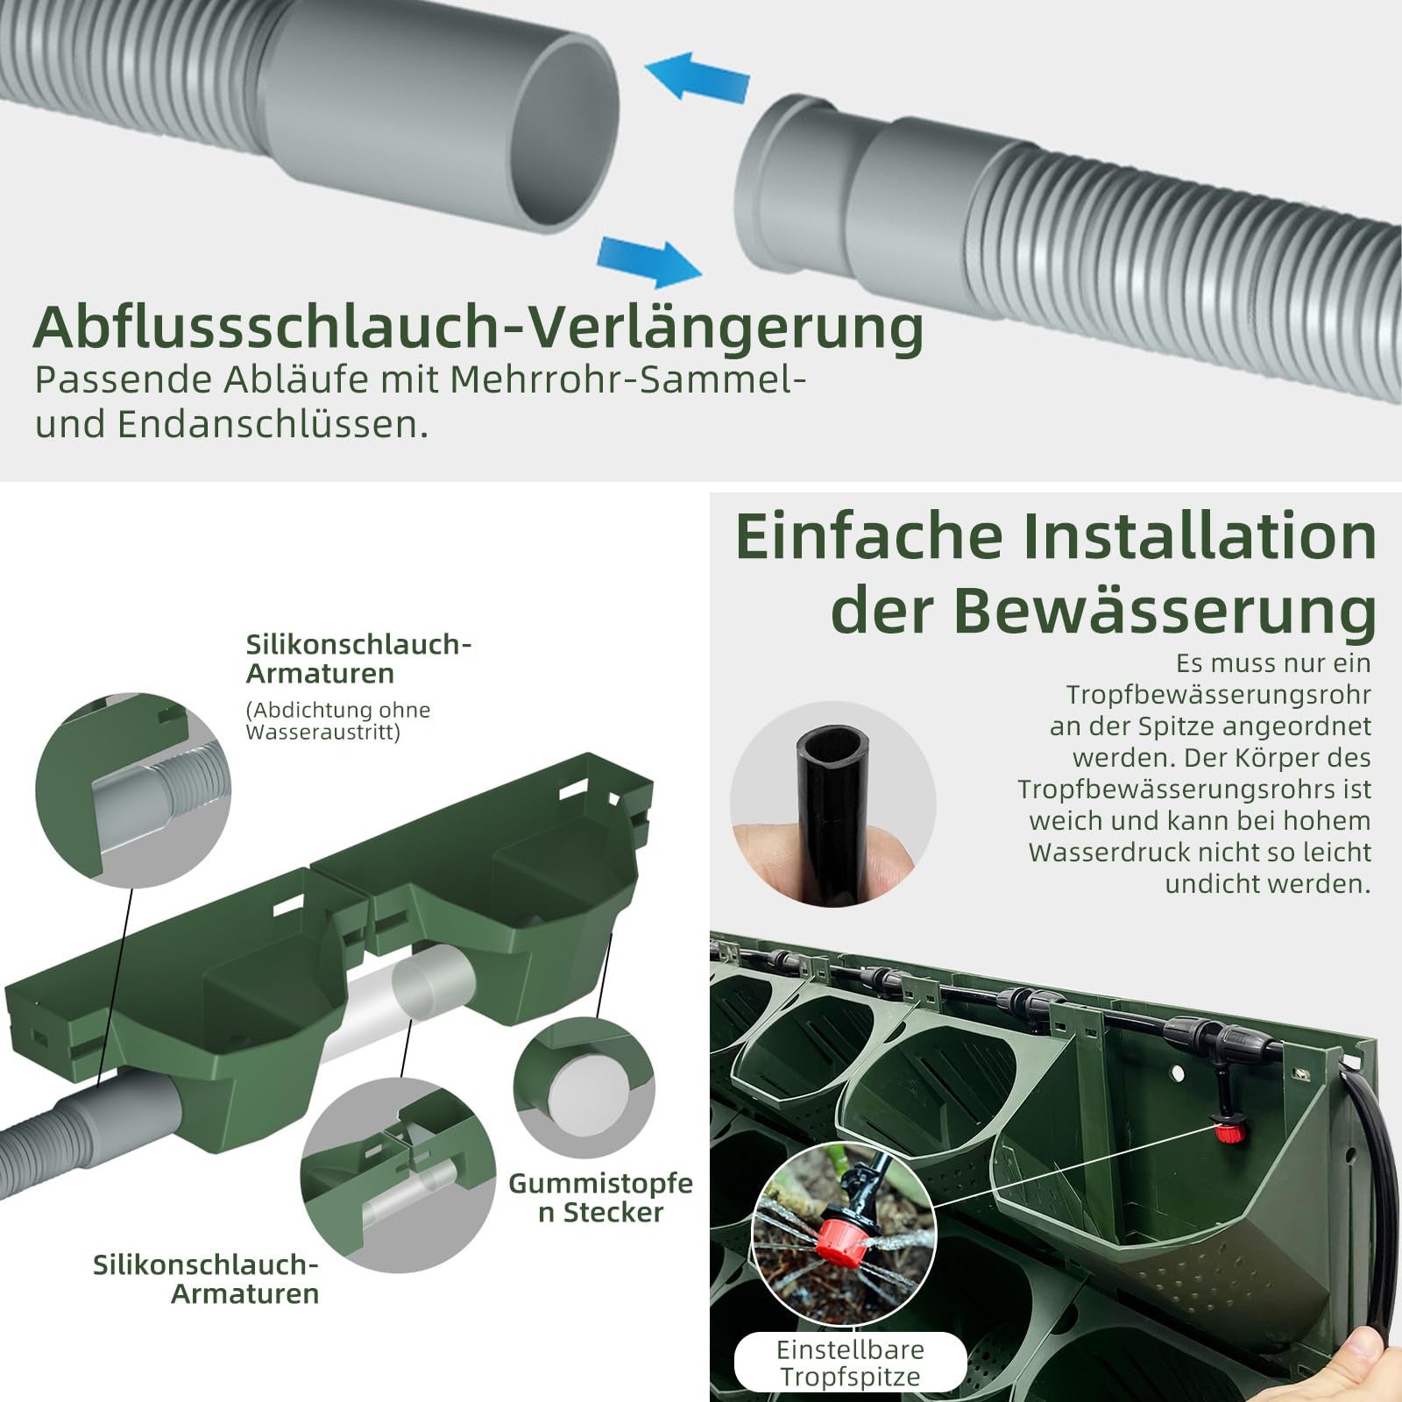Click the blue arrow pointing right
click(x=649, y=262)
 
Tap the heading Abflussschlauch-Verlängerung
click(x=478, y=327)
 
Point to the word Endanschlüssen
click(x=273, y=424)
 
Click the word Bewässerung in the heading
click(x=1165, y=611)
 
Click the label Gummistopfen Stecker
click(x=600, y=1198)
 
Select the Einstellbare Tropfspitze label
click(x=850, y=1363)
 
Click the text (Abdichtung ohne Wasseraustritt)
click(x=338, y=720)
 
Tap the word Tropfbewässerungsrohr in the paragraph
click(x=1218, y=695)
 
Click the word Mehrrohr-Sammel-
click(x=627, y=380)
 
